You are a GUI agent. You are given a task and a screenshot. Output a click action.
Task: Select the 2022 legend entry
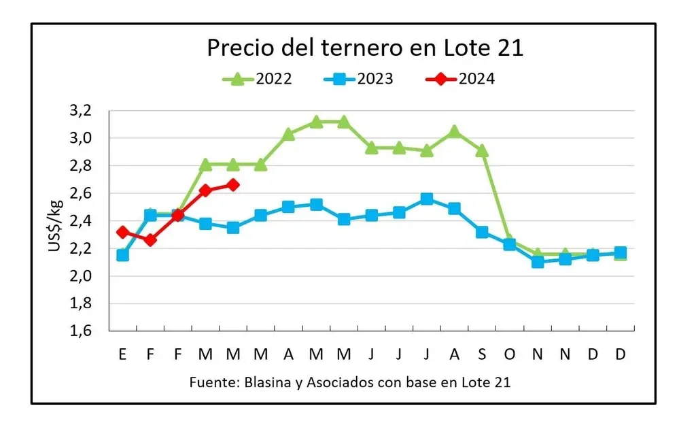click(x=258, y=79)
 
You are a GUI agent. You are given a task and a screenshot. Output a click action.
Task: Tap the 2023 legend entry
click(x=360, y=79)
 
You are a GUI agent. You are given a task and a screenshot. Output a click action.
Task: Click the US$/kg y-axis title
click(x=56, y=221)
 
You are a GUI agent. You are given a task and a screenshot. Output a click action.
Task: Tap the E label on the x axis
click(x=122, y=354)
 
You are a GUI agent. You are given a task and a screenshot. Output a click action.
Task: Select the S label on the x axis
click(x=482, y=354)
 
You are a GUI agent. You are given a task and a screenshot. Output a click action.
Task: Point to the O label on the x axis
click(x=510, y=354)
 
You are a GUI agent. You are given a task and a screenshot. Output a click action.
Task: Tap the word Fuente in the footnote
click(x=211, y=382)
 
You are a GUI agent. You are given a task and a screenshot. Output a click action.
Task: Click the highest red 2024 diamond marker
click(x=233, y=185)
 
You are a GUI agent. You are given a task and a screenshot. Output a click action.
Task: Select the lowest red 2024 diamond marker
click(x=150, y=240)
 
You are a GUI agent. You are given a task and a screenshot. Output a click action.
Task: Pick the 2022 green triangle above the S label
click(x=482, y=150)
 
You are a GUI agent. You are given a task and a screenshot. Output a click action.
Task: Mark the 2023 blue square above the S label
click(x=482, y=232)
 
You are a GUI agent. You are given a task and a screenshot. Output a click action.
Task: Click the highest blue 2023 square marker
click(x=427, y=199)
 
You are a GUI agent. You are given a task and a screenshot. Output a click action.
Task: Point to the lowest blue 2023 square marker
click(x=538, y=262)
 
